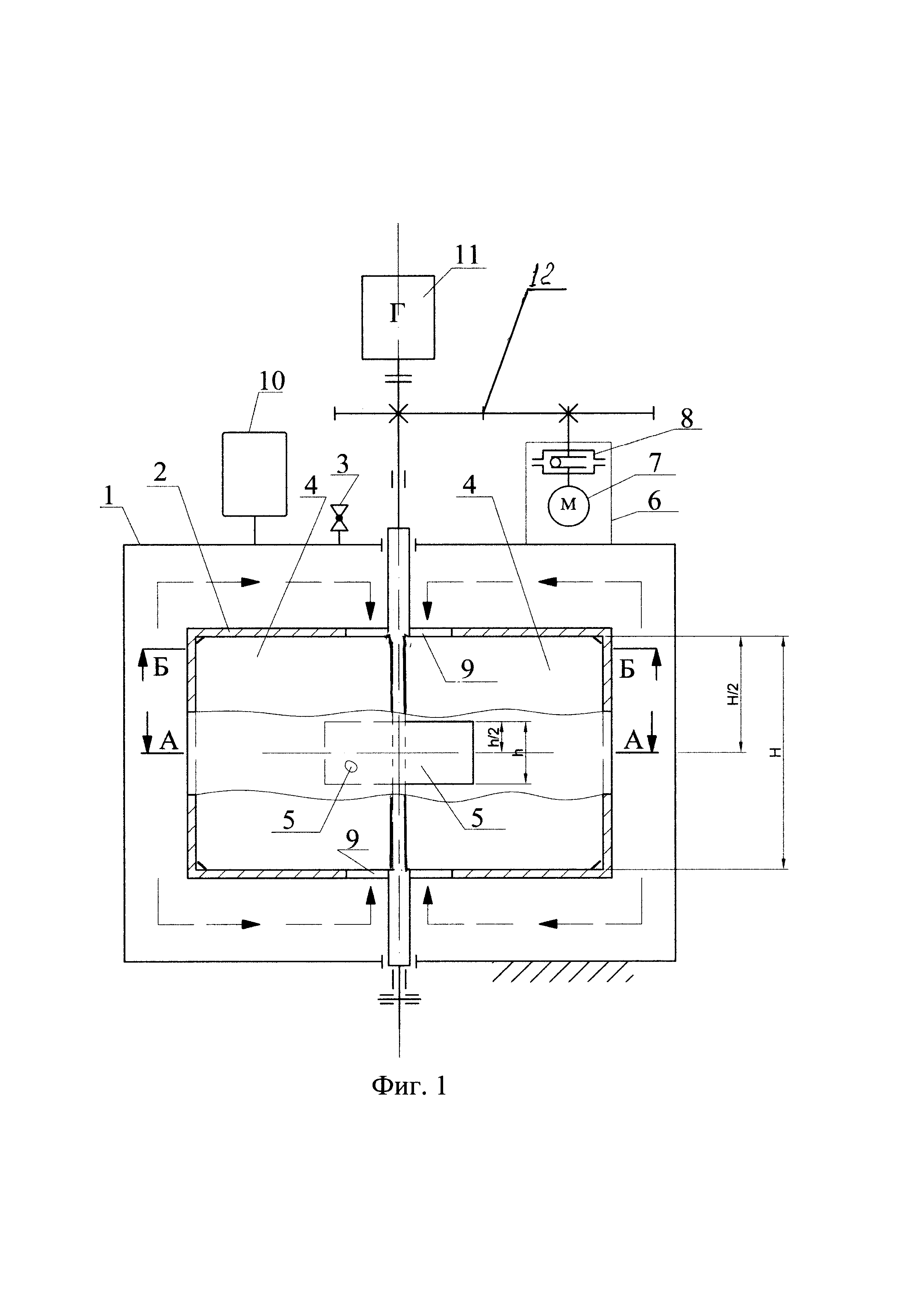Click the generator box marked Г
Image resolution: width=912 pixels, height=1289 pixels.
pos(398,317)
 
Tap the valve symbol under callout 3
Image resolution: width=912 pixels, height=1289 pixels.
pos(339,518)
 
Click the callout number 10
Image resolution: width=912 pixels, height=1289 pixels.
pos(272,381)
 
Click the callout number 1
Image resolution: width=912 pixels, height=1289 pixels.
pos(108,496)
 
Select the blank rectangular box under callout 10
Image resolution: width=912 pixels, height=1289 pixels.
pos(254,474)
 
